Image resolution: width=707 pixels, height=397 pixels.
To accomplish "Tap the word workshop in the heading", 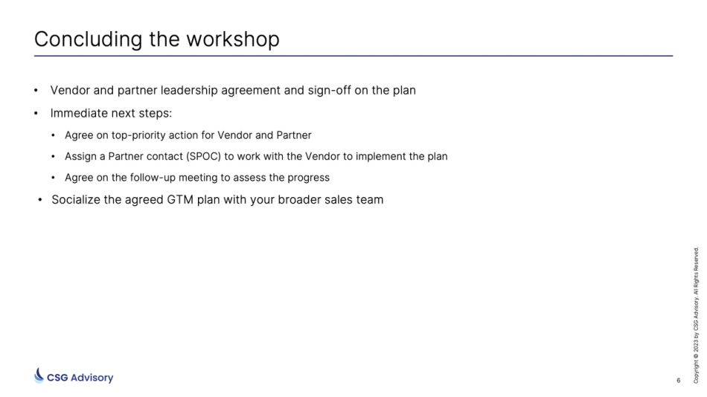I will point(233,39).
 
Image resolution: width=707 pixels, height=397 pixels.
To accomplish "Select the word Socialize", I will point(77,200).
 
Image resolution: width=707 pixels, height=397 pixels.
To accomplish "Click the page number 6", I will point(678,381).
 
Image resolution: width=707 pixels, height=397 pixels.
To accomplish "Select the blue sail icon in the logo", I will point(39,375).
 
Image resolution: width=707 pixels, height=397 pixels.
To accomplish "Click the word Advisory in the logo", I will point(92,378).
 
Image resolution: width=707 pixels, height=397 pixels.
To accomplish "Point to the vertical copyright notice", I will point(696,315).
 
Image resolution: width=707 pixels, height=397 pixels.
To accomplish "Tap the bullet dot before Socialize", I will point(40,200).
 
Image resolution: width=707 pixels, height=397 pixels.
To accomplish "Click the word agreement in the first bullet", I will point(266,91).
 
